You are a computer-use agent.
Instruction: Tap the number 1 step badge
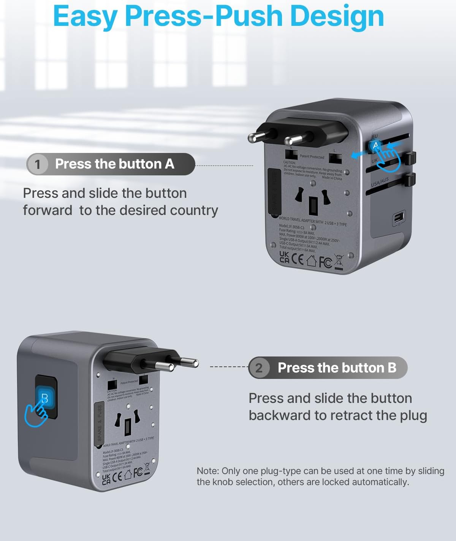point(37,164)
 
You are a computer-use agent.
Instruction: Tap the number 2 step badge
point(259,368)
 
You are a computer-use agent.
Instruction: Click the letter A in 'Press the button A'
point(169,164)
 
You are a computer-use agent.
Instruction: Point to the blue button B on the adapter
point(45,398)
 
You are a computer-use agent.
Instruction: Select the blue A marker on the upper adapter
point(376,146)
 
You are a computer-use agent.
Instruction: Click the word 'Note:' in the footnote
point(207,471)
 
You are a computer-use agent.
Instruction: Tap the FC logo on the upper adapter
point(325,262)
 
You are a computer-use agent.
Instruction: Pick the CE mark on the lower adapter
point(118,476)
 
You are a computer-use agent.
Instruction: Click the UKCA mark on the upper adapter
point(284,257)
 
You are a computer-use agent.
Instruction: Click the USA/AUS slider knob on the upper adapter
point(410,179)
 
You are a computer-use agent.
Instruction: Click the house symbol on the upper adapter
point(311,261)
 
